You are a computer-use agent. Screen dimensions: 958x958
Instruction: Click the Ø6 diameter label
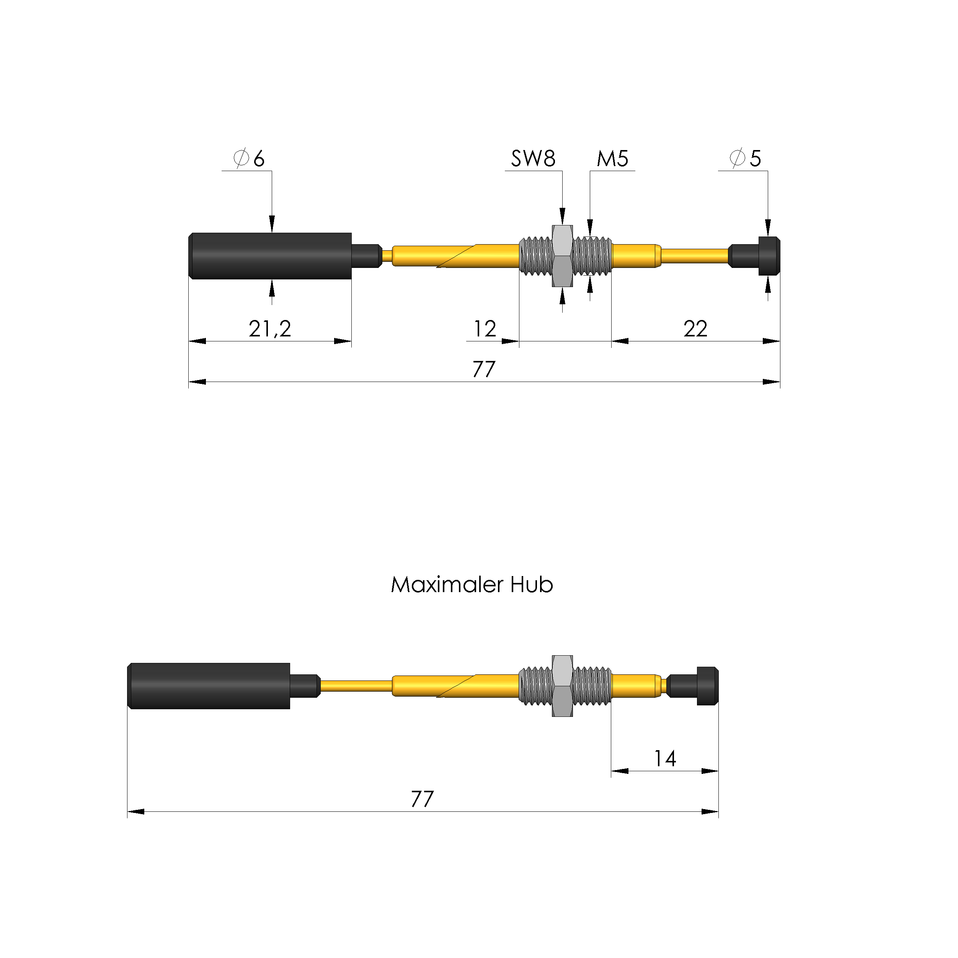tap(249, 158)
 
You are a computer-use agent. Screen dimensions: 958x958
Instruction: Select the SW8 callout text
tap(533, 159)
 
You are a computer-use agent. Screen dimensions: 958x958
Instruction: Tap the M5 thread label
tap(612, 159)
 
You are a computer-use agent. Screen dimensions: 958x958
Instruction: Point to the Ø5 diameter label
tap(745, 158)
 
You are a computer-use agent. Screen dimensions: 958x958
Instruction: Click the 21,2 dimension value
tap(270, 328)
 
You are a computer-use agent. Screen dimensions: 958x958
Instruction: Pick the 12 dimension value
tap(485, 329)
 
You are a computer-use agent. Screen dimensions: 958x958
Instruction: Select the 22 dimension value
tap(695, 329)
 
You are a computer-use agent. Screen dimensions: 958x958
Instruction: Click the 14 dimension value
tap(665, 759)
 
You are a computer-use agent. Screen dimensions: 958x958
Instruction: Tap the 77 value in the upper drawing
tap(484, 369)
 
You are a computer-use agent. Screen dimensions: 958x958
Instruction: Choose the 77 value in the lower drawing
tap(422, 799)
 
